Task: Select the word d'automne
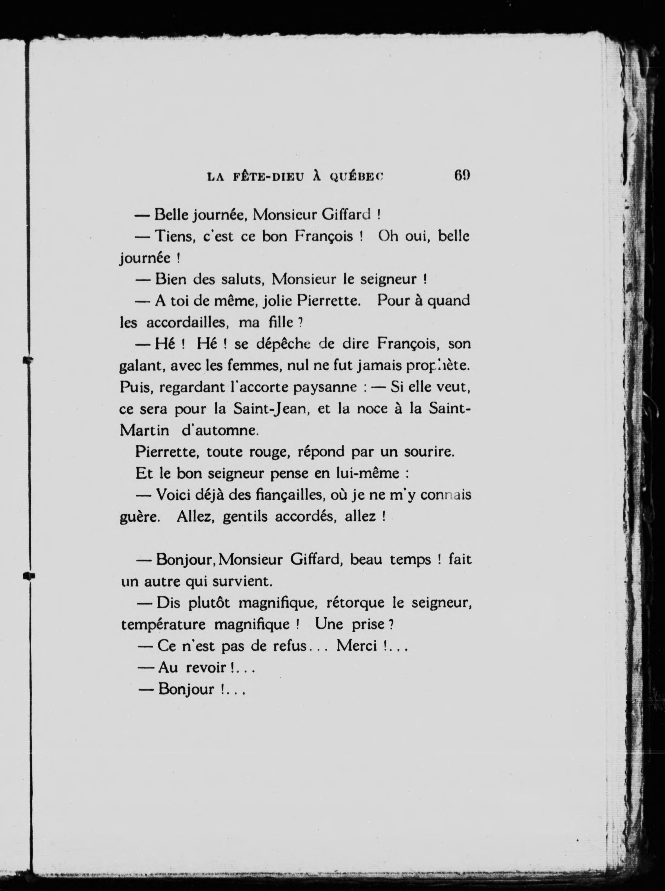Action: pos(220,431)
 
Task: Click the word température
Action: pos(163,625)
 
